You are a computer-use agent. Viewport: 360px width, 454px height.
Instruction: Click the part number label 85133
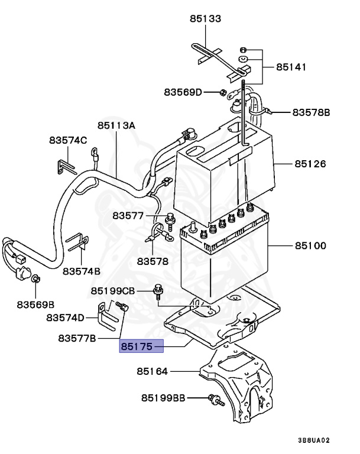pos(205,18)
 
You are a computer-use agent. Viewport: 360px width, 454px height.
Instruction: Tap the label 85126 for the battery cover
pos(310,164)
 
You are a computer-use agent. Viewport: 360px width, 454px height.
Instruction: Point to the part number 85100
pos(310,245)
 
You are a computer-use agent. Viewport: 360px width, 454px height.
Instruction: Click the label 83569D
pos(183,92)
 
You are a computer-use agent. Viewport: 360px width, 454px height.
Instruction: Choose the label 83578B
pos(311,112)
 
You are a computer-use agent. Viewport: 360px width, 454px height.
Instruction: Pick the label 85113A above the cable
pos(116,126)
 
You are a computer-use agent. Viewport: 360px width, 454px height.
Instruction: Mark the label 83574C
pos(68,140)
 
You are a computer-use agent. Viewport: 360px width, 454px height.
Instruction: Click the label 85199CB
pos(113,291)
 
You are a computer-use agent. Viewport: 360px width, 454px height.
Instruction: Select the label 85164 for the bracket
pos(153,371)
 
